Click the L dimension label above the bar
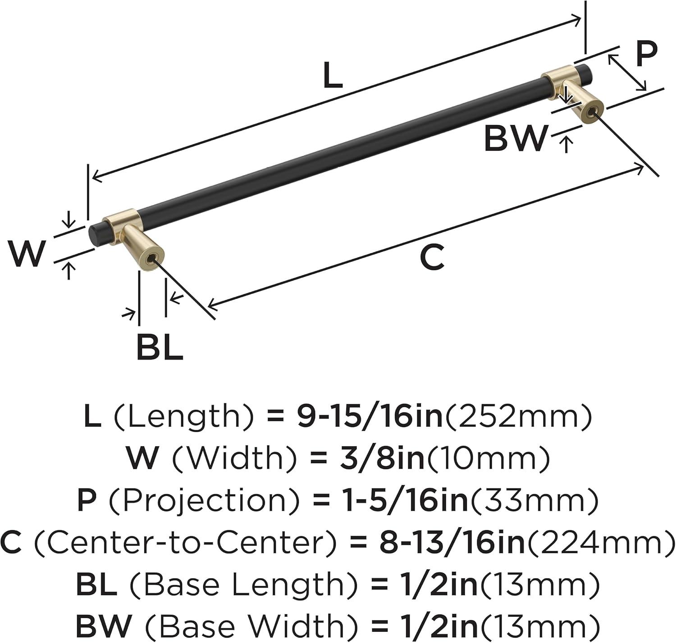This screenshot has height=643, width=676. (333, 75)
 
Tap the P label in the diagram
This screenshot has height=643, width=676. (646, 55)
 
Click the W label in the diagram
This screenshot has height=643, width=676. (27, 253)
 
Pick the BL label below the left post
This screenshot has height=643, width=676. (160, 347)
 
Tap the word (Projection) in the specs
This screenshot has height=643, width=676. (204, 500)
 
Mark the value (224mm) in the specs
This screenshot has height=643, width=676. (601, 542)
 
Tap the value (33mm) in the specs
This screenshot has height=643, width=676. (534, 500)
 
